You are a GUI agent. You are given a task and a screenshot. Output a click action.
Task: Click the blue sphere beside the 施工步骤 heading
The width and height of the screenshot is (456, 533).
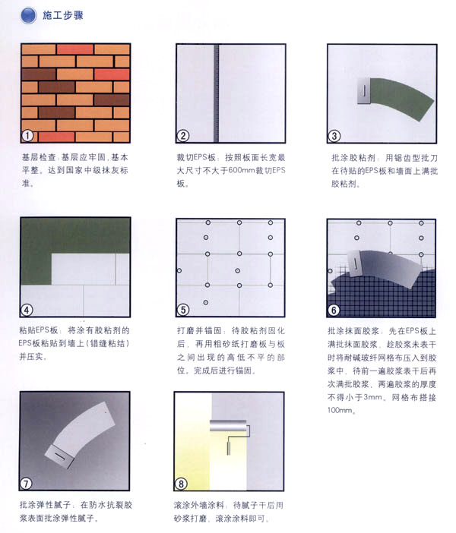(28, 15)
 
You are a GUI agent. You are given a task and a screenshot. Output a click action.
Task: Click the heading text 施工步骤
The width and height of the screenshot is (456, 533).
(63, 15)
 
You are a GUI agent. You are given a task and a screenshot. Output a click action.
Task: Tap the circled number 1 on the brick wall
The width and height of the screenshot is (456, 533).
(27, 136)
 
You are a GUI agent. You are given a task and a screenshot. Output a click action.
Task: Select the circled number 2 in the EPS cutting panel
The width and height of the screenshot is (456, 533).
(182, 136)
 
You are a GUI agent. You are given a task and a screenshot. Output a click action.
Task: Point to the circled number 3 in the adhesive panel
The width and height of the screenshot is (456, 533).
(334, 136)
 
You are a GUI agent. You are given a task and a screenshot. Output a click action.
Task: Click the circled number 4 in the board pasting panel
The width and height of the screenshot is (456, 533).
(26, 310)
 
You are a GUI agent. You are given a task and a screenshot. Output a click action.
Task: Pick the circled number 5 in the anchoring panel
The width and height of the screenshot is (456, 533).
(182, 310)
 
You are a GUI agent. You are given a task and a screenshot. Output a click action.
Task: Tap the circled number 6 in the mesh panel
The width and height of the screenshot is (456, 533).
(334, 310)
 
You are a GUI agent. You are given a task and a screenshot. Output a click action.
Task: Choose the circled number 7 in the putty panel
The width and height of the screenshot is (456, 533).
(26, 484)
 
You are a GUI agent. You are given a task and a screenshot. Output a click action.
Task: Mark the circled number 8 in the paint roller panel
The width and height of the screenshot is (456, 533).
(181, 484)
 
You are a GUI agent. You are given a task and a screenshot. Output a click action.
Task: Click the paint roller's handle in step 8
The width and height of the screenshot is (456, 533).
(228, 446)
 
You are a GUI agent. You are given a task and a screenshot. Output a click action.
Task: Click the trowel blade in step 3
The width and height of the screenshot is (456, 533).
(364, 91)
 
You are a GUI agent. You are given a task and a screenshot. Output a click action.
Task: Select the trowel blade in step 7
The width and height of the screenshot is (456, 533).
(59, 456)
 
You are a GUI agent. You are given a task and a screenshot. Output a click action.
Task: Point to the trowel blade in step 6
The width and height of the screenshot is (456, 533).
(355, 263)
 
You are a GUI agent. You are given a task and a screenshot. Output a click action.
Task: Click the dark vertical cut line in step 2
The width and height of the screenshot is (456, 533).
(216, 93)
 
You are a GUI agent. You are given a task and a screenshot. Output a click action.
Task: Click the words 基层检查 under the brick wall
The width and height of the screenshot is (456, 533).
(39, 157)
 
